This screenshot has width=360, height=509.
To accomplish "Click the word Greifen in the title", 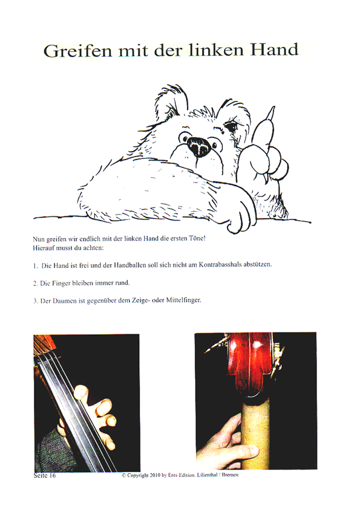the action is [x=77, y=51].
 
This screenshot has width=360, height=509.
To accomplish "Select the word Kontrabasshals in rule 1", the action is [x=220, y=265].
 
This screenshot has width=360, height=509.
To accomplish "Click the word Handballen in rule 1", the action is [x=129, y=265].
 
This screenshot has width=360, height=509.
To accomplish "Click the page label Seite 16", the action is [x=45, y=475].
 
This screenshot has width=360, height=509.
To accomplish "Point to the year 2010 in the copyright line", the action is [x=155, y=475].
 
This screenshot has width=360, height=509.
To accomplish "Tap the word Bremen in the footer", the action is [x=230, y=475].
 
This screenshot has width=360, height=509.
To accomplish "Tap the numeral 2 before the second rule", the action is [x=34, y=284].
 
